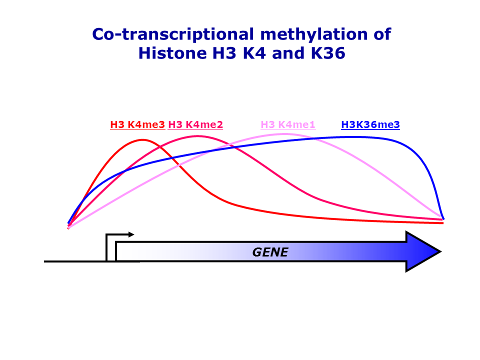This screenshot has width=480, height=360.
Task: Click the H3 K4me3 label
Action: (137, 125)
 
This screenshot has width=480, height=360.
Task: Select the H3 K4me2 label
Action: (195, 125)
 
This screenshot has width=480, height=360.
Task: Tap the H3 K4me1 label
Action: (288, 125)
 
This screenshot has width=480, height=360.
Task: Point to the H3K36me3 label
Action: (370, 125)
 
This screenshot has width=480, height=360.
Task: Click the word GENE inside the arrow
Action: (270, 252)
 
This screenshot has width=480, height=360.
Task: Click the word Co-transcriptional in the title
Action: (173, 34)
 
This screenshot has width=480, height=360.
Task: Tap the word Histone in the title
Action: (172, 53)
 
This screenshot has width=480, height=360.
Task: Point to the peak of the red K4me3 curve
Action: (142, 140)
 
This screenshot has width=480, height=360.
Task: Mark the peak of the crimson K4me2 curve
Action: (198, 136)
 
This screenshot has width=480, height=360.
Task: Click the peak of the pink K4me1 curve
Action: (284, 134)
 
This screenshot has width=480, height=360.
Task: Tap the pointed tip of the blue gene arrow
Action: (441, 251)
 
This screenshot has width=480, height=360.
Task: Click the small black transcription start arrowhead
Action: (131, 234)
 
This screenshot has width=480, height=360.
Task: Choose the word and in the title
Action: (288, 53)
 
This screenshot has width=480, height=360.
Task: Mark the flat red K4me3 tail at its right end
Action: (442, 223)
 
